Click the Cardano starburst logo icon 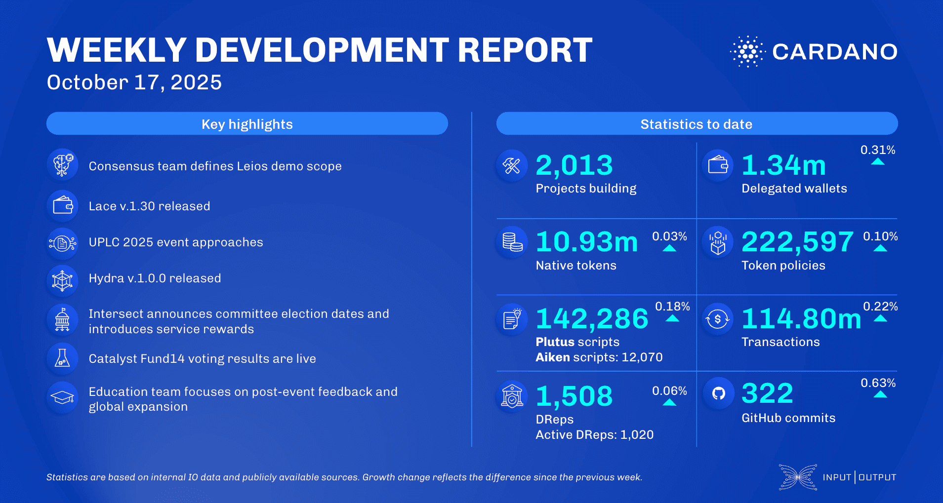point(747,51)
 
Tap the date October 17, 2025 point(134,82)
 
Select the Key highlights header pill point(247,124)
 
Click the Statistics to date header point(697,124)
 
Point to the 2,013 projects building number point(574,165)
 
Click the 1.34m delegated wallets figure point(783,165)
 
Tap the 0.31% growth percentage point(878,150)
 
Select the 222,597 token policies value point(797,242)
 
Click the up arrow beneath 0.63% point(880,394)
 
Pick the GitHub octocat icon point(718,393)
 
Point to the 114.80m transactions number point(801,319)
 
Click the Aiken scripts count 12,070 point(642,357)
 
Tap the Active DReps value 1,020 point(637,435)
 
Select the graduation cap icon point(63,397)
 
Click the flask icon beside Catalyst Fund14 point(62,358)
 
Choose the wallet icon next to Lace point(63,205)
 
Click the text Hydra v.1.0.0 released point(155,278)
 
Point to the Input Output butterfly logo point(797,477)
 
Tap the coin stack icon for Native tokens point(512,242)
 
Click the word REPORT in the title point(525,50)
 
